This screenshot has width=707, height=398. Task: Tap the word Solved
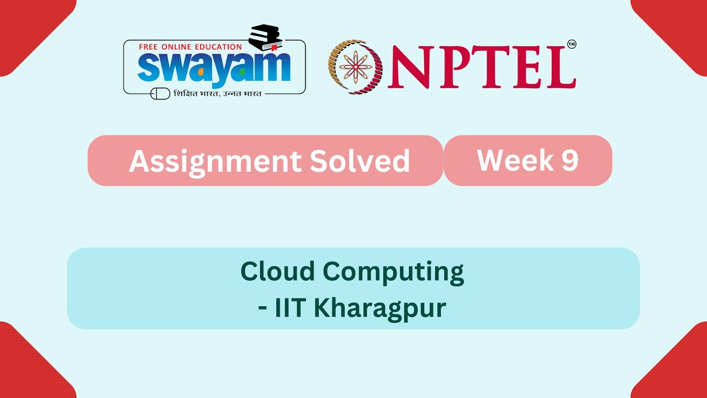[x=360, y=161]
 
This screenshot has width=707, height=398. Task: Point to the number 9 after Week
[x=569, y=160]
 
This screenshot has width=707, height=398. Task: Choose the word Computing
[x=393, y=273]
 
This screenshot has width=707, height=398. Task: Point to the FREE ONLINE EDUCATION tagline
[x=191, y=47]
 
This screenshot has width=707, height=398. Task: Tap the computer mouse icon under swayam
[x=160, y=93]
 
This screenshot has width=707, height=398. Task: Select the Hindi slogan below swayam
[x=218, y=93]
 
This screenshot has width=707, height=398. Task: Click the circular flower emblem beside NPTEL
[x=355, y=66]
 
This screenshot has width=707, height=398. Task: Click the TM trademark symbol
[x=572, y=44]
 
